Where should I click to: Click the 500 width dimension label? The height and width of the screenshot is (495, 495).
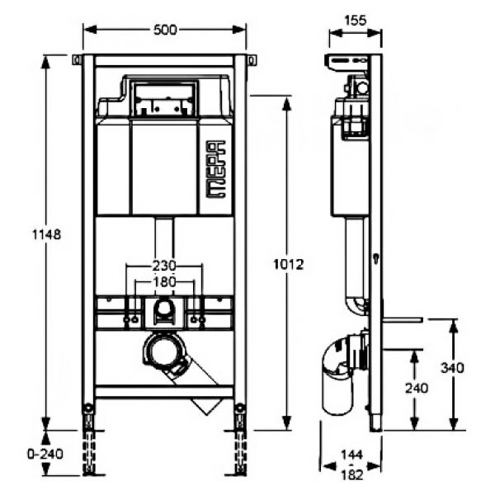[165, 30]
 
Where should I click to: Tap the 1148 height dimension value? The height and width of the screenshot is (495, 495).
[46, 234]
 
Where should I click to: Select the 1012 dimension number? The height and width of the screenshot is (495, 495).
[288, 265]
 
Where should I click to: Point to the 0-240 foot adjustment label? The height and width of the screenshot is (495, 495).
[45, 454]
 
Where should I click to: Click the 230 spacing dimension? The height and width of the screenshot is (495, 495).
[164, 266]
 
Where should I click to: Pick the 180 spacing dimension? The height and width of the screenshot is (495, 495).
[164, 281]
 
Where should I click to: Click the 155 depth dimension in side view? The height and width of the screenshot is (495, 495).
[356, 20]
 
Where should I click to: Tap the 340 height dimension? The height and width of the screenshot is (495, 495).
[452, 368]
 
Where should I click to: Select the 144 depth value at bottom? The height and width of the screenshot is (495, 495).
[352, 455]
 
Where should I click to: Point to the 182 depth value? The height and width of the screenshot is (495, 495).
[352, 474]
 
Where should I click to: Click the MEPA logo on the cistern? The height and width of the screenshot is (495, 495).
[216, 169]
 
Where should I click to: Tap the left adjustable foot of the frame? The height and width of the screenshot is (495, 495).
[88, 440]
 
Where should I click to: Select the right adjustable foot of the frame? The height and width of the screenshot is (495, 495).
[240, 440]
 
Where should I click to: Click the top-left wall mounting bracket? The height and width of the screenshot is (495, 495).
[77, 60]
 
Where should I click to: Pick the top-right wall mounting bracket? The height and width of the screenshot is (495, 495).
[252, 60]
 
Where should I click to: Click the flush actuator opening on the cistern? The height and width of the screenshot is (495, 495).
[164, 98]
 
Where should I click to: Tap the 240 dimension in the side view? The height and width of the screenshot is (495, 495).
[417, 389]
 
